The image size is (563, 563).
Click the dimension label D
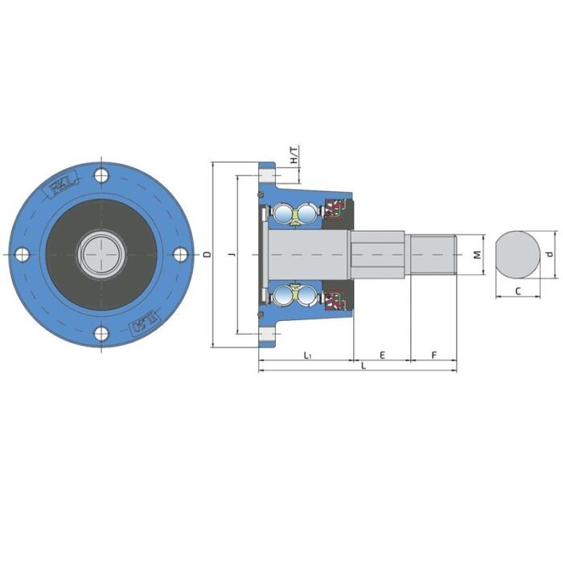click(207, 255)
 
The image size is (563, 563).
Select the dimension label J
click(231, 255)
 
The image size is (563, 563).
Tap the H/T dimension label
click(294, 155)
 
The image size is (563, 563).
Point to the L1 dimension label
click(307, 355)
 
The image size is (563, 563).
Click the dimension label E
click(382, 355)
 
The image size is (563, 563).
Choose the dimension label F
click(434, 355)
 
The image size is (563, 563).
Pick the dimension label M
click(477, 255)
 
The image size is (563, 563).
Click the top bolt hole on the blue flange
click(101, 175)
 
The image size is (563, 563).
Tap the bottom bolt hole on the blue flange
click(101, 334)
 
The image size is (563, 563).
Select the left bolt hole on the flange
click(22, 254)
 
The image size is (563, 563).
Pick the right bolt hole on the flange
click(180, 254)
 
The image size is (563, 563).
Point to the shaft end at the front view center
click(101, 254)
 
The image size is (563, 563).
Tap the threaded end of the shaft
click(434, 254)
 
